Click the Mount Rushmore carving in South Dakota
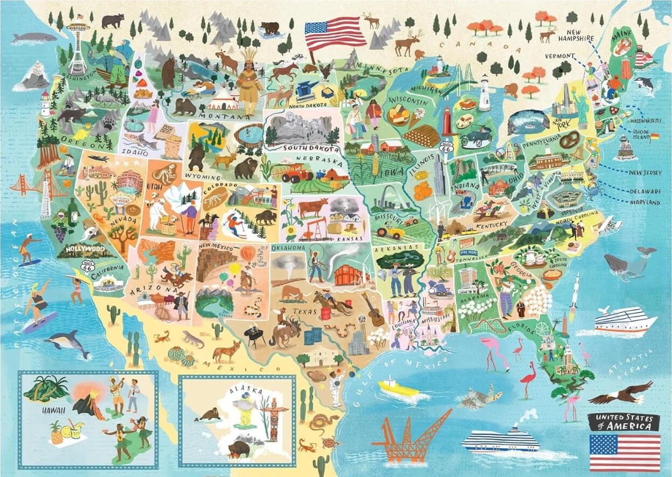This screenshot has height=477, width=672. pyautogui.click(x=300, y=129)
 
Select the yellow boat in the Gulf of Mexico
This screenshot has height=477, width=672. pyautogui.click(x=398, y=388)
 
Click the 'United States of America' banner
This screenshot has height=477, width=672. pyautogui.click(x=624, y=422)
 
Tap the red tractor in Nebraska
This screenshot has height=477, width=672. pyautogui.click(x=297, y=173)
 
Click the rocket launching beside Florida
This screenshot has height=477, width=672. pyautogui.click(x=574, y=291)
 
